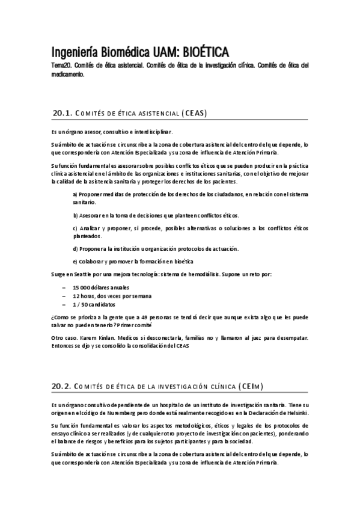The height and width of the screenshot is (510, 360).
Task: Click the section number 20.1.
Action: point(63,112)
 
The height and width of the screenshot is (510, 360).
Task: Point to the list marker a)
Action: point(75,194)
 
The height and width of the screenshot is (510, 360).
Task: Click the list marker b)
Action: point(75,215)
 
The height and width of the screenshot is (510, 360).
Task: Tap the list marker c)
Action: point(75,229)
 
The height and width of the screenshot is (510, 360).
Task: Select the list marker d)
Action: point(75,248)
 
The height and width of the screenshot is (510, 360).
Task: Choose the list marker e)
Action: point(75,262)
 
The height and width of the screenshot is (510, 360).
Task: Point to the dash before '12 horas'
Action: point(64,296)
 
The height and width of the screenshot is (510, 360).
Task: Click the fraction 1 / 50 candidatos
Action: point(94,305)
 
